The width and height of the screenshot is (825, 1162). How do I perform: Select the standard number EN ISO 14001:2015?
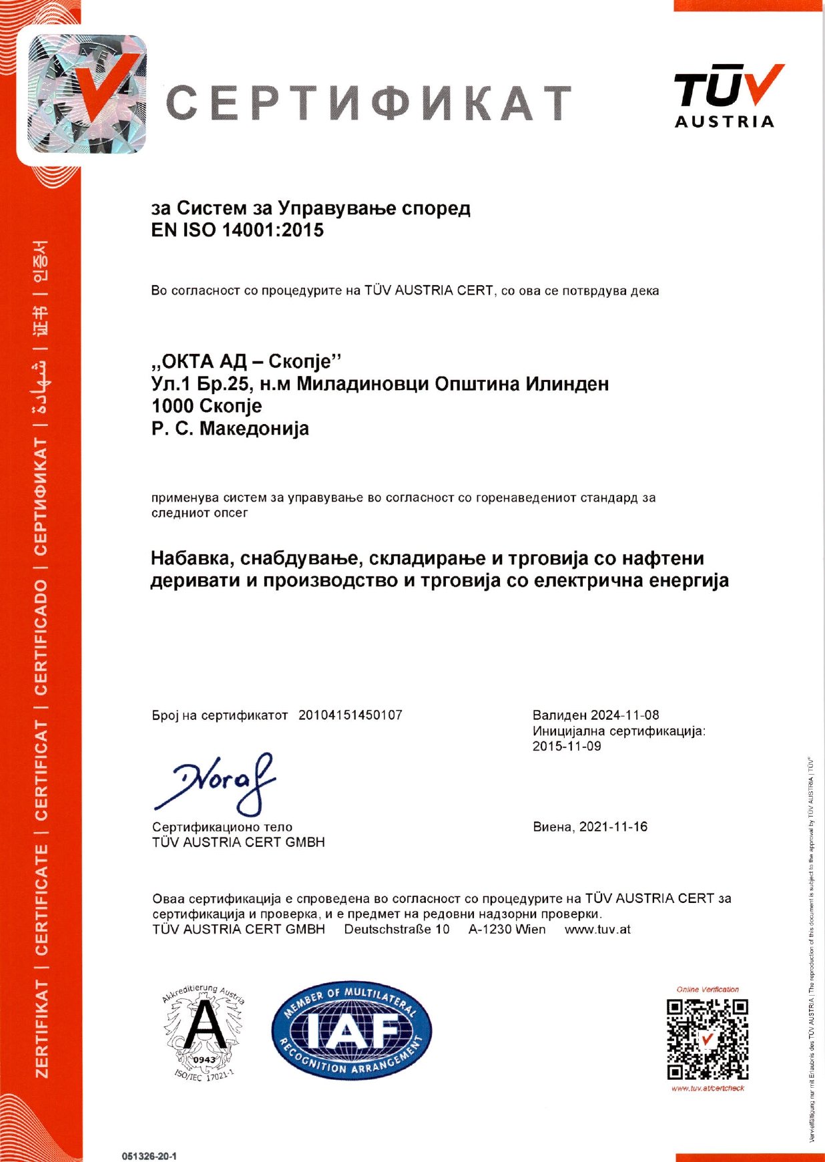(x=238, y=230)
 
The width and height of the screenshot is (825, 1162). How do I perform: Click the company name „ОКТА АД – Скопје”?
(x=246, y=361)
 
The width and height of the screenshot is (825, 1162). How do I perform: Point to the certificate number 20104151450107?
(x=350, y=715)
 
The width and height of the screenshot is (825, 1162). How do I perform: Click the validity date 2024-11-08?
(x=625, y=715)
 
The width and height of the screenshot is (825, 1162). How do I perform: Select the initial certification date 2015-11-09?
(x=567, y=746)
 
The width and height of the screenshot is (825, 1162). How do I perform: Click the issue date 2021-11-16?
(x=613, y=827)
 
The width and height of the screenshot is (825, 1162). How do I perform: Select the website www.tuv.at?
(x=597, y=929)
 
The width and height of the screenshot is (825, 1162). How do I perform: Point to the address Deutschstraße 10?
(x=396, y=929)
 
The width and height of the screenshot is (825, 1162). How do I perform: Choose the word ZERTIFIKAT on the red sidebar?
(x=41, y=1028)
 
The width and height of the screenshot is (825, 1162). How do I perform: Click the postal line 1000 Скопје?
(x=207, y=406)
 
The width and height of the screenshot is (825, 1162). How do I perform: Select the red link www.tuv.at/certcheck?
(x=708, y=1089)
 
